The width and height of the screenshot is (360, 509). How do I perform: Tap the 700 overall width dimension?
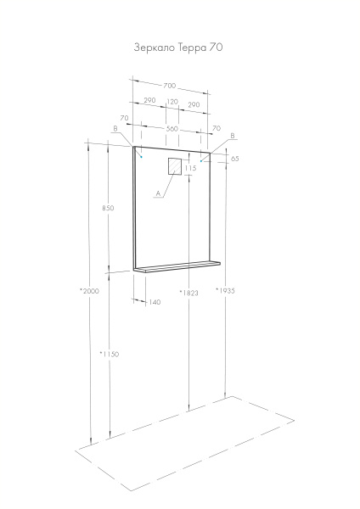(171, 86)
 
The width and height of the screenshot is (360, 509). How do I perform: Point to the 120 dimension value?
(172, 103)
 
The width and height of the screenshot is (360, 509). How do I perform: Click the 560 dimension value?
(172, 128)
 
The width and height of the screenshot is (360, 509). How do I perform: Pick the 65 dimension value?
(234, 159)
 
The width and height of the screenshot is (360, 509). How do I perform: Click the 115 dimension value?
(191, 169)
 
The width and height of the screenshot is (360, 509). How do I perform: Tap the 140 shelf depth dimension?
(155, 302)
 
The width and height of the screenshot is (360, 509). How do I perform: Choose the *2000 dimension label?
(89, 290)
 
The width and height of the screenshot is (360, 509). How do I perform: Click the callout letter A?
(157, 193)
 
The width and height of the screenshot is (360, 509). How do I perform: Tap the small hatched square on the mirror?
(175, 165)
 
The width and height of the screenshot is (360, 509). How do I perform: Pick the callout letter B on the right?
(232, 136)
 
